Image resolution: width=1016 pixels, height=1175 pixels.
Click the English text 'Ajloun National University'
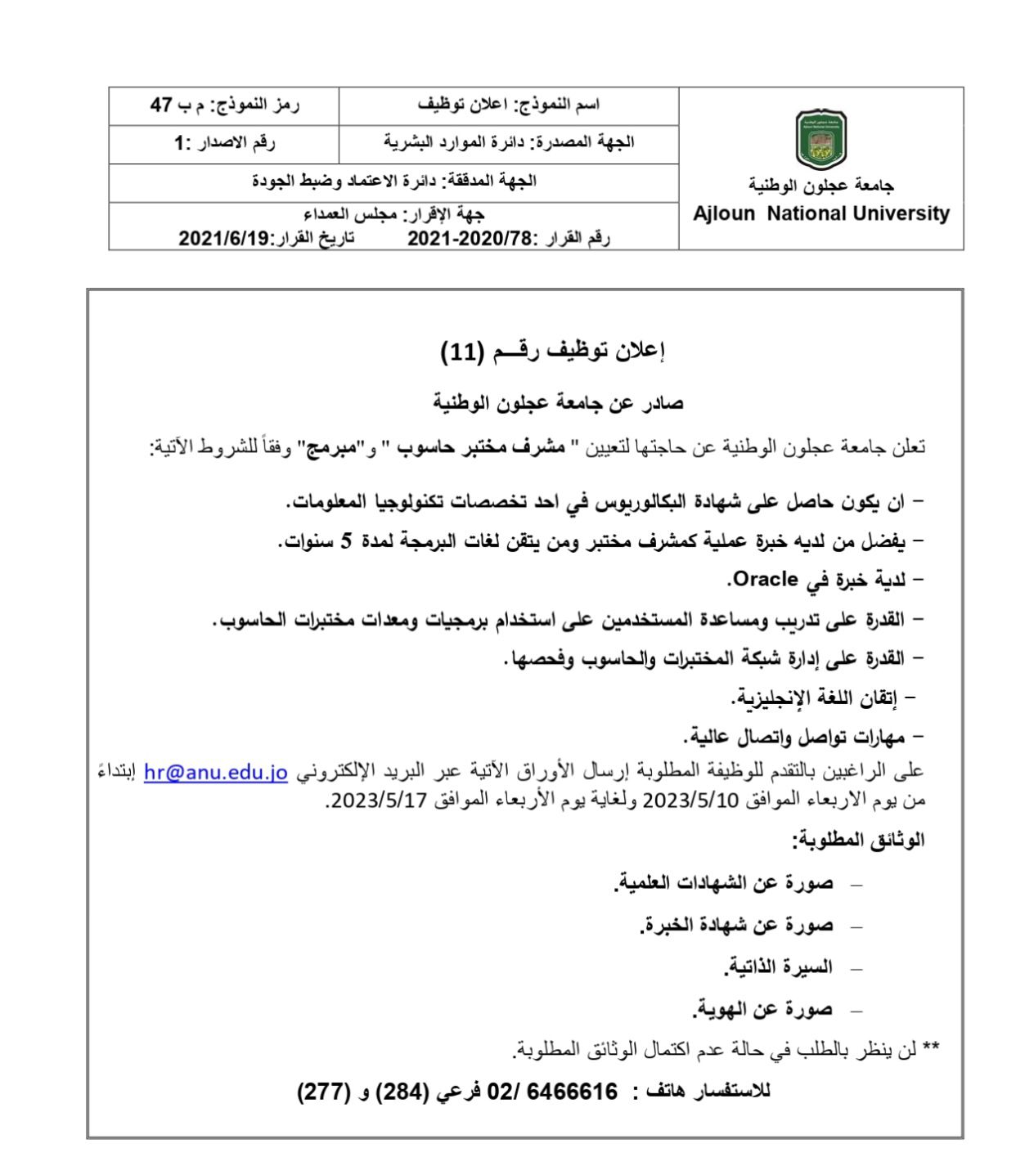pyautogui.click(x=821, y=214)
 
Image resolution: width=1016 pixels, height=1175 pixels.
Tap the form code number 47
pyautogui.click(x=162, y=105)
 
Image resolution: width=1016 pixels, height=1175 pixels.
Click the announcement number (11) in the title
pyautogui.click(x=461, y=352)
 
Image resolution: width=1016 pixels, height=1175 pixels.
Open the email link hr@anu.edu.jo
pyautogui.click(x=215, y=773)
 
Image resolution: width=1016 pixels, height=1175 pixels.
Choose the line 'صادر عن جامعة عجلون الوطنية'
pyautogui.click(x=558, y=403)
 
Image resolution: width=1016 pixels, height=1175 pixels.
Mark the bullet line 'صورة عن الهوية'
pyautogui.click(x=762, y=1010)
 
